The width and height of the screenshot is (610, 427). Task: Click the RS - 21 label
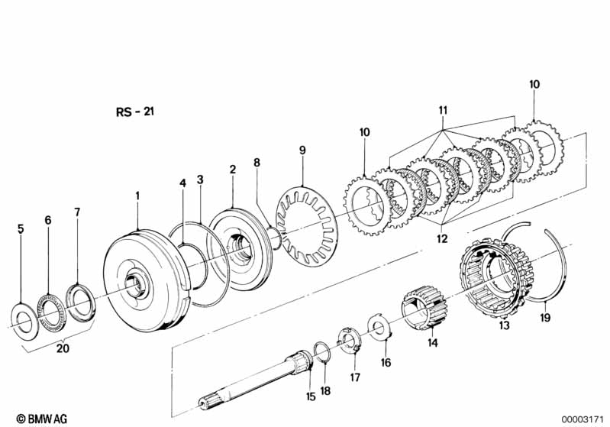[135, 112]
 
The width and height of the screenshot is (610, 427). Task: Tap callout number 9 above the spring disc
[302, 150]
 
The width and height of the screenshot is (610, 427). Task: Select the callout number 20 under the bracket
[63, 348]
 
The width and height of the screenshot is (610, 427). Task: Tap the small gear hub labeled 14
[424, 309]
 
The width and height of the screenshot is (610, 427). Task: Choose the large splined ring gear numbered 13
[496, 278]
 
